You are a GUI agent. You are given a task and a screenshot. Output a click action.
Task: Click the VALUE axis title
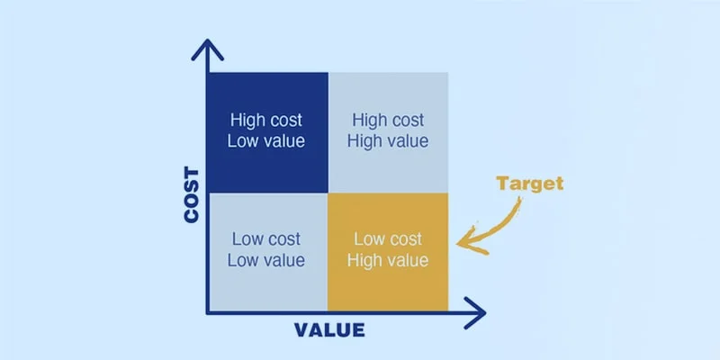pyautogui.click(x=329, y=330)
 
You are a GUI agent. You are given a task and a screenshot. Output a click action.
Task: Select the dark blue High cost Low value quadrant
pyautogui.click(x=267, y=131)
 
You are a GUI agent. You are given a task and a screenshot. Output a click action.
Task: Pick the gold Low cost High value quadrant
pyautogui.click(x=387, y=252)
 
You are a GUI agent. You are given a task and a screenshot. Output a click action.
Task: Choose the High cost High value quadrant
pyautogui.click(x=387, y=131)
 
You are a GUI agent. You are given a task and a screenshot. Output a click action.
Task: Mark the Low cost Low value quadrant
pyautogui.click(x=267, y=252)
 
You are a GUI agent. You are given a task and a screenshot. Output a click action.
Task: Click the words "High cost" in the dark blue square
pyautogui.click(x=266, y=120)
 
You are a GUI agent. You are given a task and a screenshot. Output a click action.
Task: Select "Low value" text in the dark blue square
pyautogui.click(x=266, y=140)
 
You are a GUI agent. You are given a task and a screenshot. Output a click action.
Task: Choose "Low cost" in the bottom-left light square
pyautogui.click(x=267, y=240)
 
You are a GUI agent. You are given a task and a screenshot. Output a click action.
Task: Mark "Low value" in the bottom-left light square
pyautogui.click(x=267, y=261)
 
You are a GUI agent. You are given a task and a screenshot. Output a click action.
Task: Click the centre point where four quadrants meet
pyautogui.click(x=328, y=193)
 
